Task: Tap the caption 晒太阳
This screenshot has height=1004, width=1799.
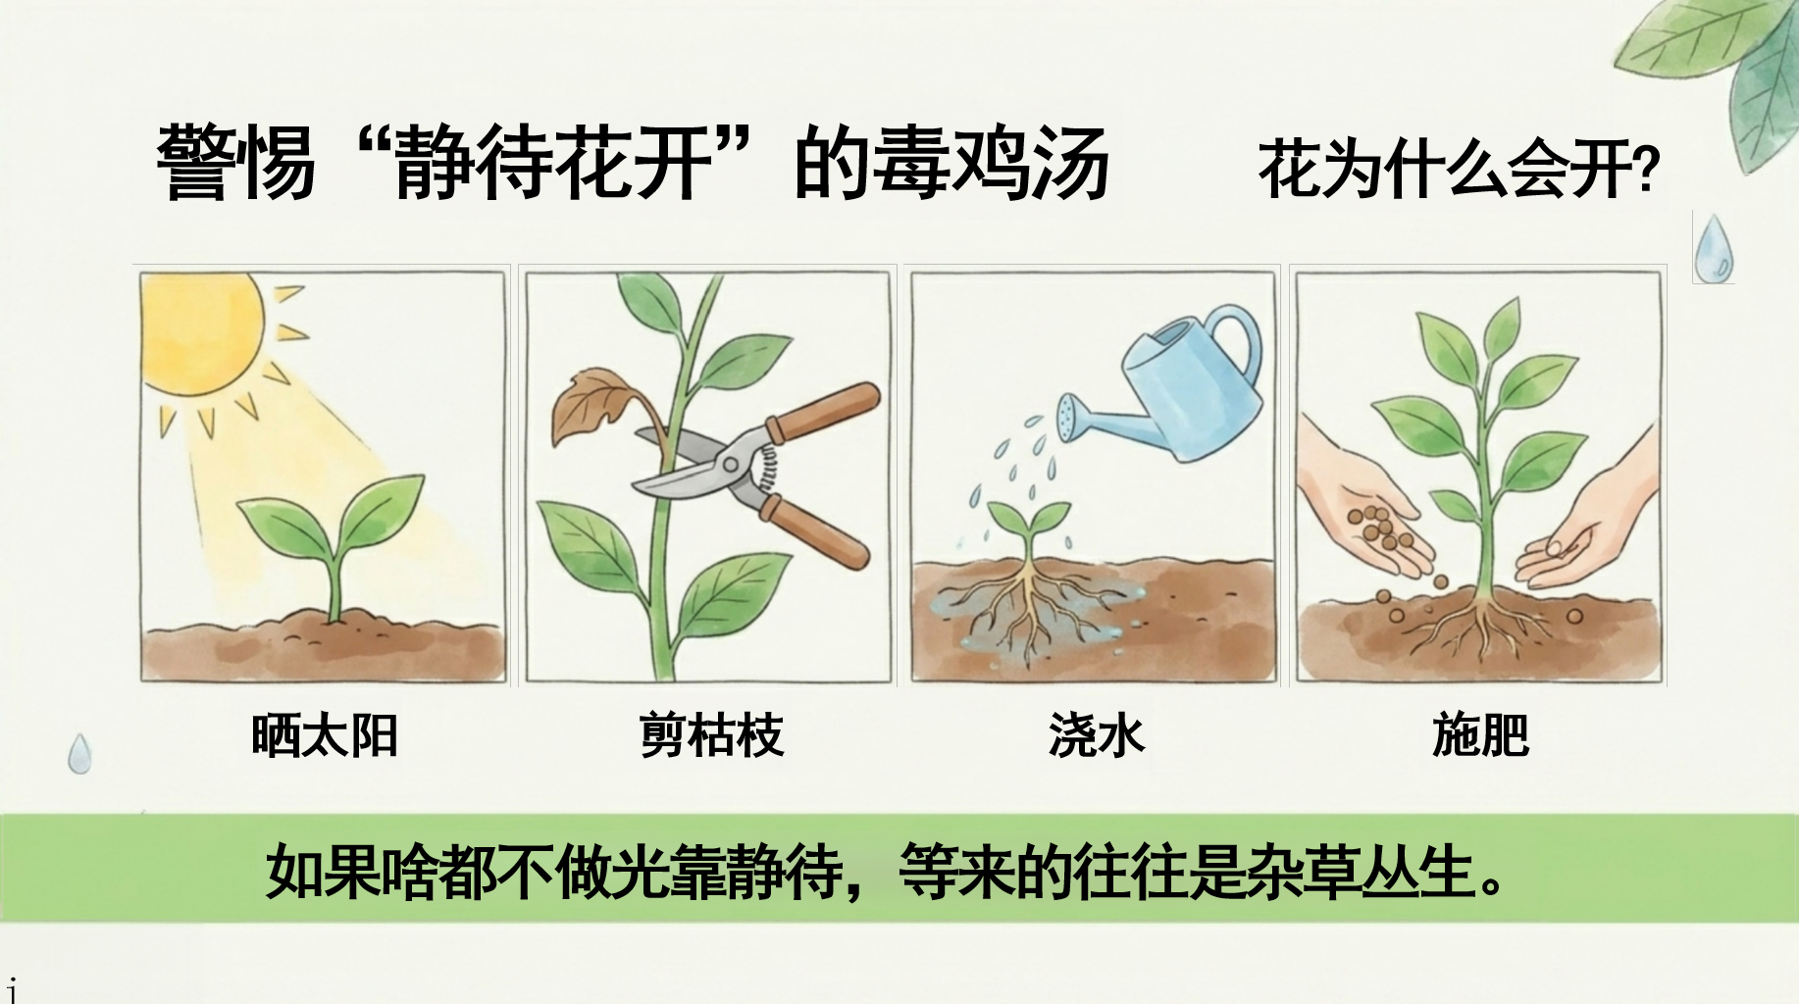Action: point(325,735)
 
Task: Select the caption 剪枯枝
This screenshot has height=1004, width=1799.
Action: point(711,735)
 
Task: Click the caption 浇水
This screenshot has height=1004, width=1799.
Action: point(1097,735)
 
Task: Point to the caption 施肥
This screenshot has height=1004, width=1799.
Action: point(1481,735)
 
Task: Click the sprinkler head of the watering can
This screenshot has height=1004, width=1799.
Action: point(1070,411)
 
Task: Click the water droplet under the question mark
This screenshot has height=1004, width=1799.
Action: point(1714,247)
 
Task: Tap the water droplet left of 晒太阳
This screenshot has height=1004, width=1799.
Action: point(79,754)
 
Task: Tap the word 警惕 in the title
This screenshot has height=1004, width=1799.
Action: point(235,163)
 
